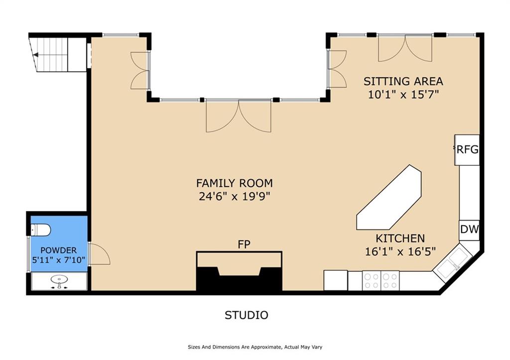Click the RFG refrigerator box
pos(467,150)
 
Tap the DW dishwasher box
pos(469,230)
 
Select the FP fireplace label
pos(244,244)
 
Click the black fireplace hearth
pos(239,279)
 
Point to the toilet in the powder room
pos(41,230)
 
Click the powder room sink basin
pos(59,279)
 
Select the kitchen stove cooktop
pos(381,281)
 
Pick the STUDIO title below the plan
pos(247,315)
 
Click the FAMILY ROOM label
pos(235,183)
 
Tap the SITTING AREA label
pos(403,81)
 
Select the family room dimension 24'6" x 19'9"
pos(235,196)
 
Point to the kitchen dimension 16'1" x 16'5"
pos(400,251)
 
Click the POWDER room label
pos(59,250)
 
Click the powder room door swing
pos(99,253)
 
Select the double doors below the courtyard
pos(239,116)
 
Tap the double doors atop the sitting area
pos(405,48)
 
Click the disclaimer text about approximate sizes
pos(255,347)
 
